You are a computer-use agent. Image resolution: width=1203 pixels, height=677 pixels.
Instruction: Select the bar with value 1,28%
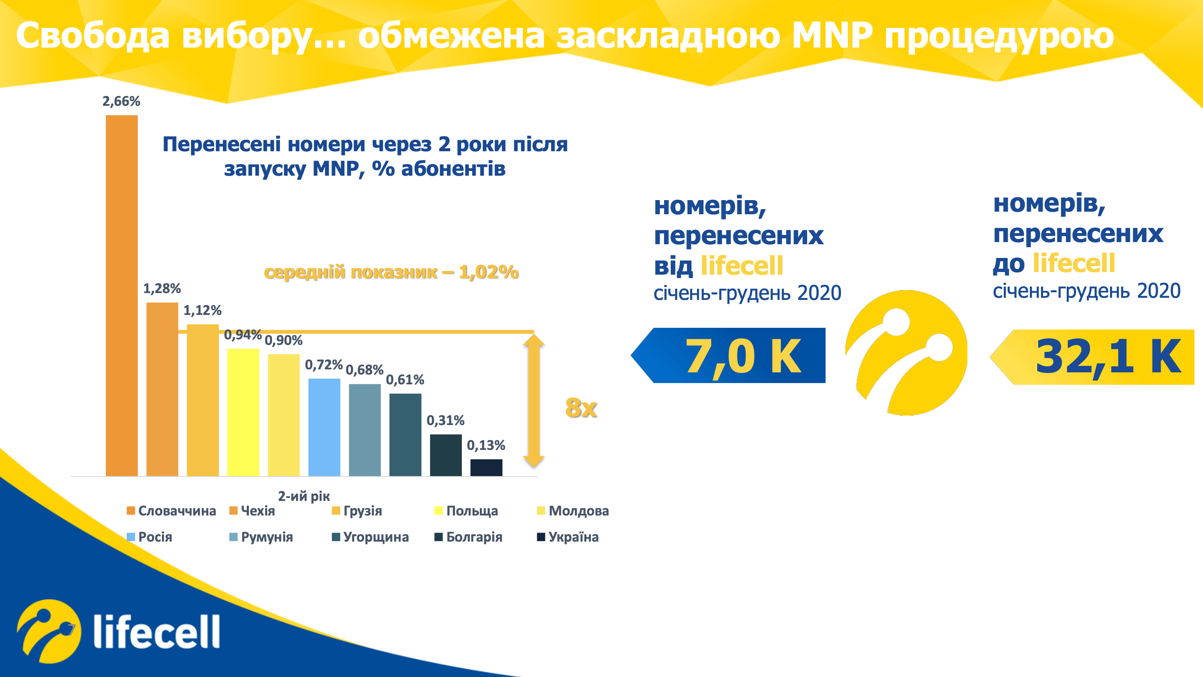point(162,389)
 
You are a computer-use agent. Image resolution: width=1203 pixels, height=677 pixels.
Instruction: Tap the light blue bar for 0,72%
point(324,427)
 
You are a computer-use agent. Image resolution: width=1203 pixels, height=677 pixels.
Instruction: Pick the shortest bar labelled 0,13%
point(486,467)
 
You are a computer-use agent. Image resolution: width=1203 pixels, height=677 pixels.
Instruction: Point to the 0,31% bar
point(446,455)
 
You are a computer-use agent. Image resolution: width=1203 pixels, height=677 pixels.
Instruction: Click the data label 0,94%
point(243,335)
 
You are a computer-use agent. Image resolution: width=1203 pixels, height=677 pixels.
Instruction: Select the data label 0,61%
point(405,379)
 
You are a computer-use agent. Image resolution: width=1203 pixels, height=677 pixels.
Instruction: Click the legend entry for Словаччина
point(171,511)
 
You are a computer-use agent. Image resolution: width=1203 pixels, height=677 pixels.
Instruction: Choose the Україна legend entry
point(568,537)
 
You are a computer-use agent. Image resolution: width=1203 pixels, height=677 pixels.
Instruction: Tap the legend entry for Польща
point(466,511)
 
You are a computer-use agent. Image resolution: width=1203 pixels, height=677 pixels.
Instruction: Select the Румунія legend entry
point(261,537)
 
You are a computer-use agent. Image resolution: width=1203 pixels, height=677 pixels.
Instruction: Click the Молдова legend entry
point(573,511)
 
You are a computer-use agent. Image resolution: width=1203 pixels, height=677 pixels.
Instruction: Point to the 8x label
point(581,407)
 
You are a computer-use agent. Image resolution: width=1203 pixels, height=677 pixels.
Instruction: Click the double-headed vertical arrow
point(534,400)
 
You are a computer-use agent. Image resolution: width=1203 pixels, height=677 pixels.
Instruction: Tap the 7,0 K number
point(743,356)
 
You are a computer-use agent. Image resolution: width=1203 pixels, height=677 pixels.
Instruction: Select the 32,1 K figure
point(1108,356)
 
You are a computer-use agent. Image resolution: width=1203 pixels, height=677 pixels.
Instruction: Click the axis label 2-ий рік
point(304,496)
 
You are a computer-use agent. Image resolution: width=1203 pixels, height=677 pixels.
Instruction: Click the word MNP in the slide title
point(832,35)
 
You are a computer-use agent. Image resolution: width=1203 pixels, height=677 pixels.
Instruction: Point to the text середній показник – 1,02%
point(391,272)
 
